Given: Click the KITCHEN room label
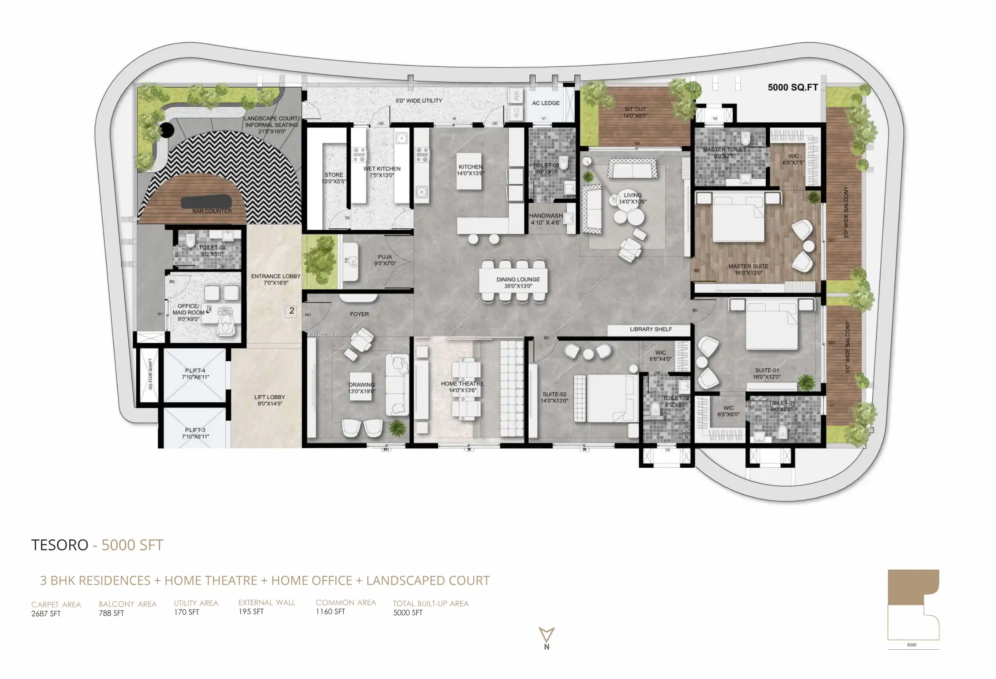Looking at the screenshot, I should (470, 167).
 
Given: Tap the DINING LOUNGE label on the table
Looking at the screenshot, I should (518, 279).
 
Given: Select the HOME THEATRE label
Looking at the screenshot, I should (462, 384).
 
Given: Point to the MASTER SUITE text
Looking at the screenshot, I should (748, 267).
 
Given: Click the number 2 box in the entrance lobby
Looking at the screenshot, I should (291, 311).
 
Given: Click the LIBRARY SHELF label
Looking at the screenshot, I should (650, 329).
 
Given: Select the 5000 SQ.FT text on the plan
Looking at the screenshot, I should (792, 88).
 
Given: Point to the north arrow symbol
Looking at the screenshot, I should (547, 635).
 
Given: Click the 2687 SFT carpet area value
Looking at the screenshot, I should (46, 614).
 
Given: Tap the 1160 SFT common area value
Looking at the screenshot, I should (330, 612).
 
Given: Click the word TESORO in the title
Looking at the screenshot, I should (60, 545).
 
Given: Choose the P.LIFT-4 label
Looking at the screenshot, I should (195, 371).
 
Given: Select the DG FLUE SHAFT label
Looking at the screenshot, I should (150, 374).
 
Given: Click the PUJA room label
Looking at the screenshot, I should (384, 257).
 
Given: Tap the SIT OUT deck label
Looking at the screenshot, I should (635, 109).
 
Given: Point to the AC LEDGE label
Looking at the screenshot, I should (545, 103).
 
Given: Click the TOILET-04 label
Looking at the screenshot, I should (212, 248).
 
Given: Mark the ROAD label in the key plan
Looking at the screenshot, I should (912, 645).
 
